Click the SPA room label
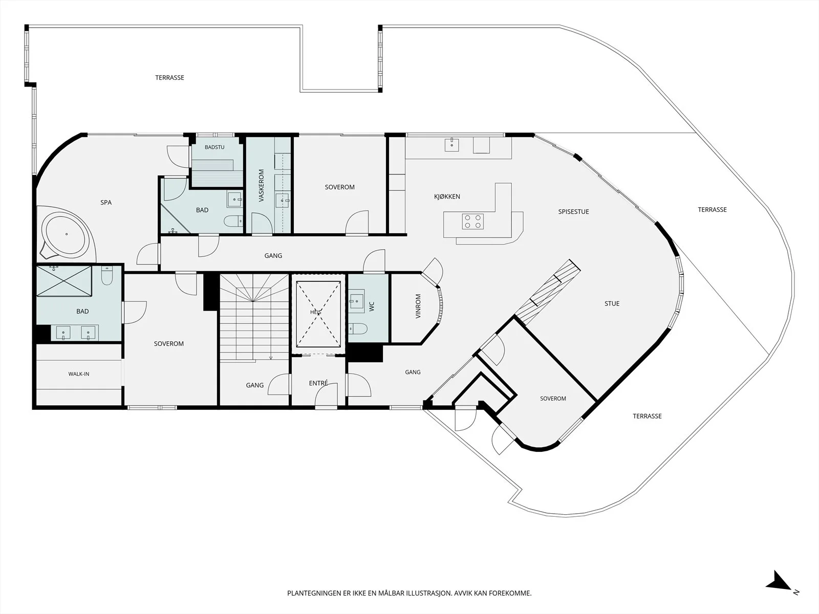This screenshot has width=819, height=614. [x=106, y=203]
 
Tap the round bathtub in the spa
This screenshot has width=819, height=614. [x=67, y=234]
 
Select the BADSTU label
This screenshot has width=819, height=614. [x=214, y=147]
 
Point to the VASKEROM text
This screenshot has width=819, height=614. [x=261, y=185]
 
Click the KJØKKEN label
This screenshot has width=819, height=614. [x=447, y=196]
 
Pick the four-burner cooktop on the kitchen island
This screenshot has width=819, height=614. [x=473, y=222]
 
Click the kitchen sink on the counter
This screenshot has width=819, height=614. [x=452, y=144]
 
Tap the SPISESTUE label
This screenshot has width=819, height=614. [x=573, y=212]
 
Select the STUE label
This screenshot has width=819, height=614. [x=612, y=303]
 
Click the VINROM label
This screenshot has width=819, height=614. [x=418, y=306]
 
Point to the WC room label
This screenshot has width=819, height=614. [x=372, y=306]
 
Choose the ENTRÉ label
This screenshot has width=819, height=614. [x=318, y=383]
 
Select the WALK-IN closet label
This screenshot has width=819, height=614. [x=79, y=374]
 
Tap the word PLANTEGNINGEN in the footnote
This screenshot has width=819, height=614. [x=314, y=593]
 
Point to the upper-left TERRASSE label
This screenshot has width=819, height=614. [x=170, y=78]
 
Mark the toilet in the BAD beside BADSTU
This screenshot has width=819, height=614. [x=233, y=222]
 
